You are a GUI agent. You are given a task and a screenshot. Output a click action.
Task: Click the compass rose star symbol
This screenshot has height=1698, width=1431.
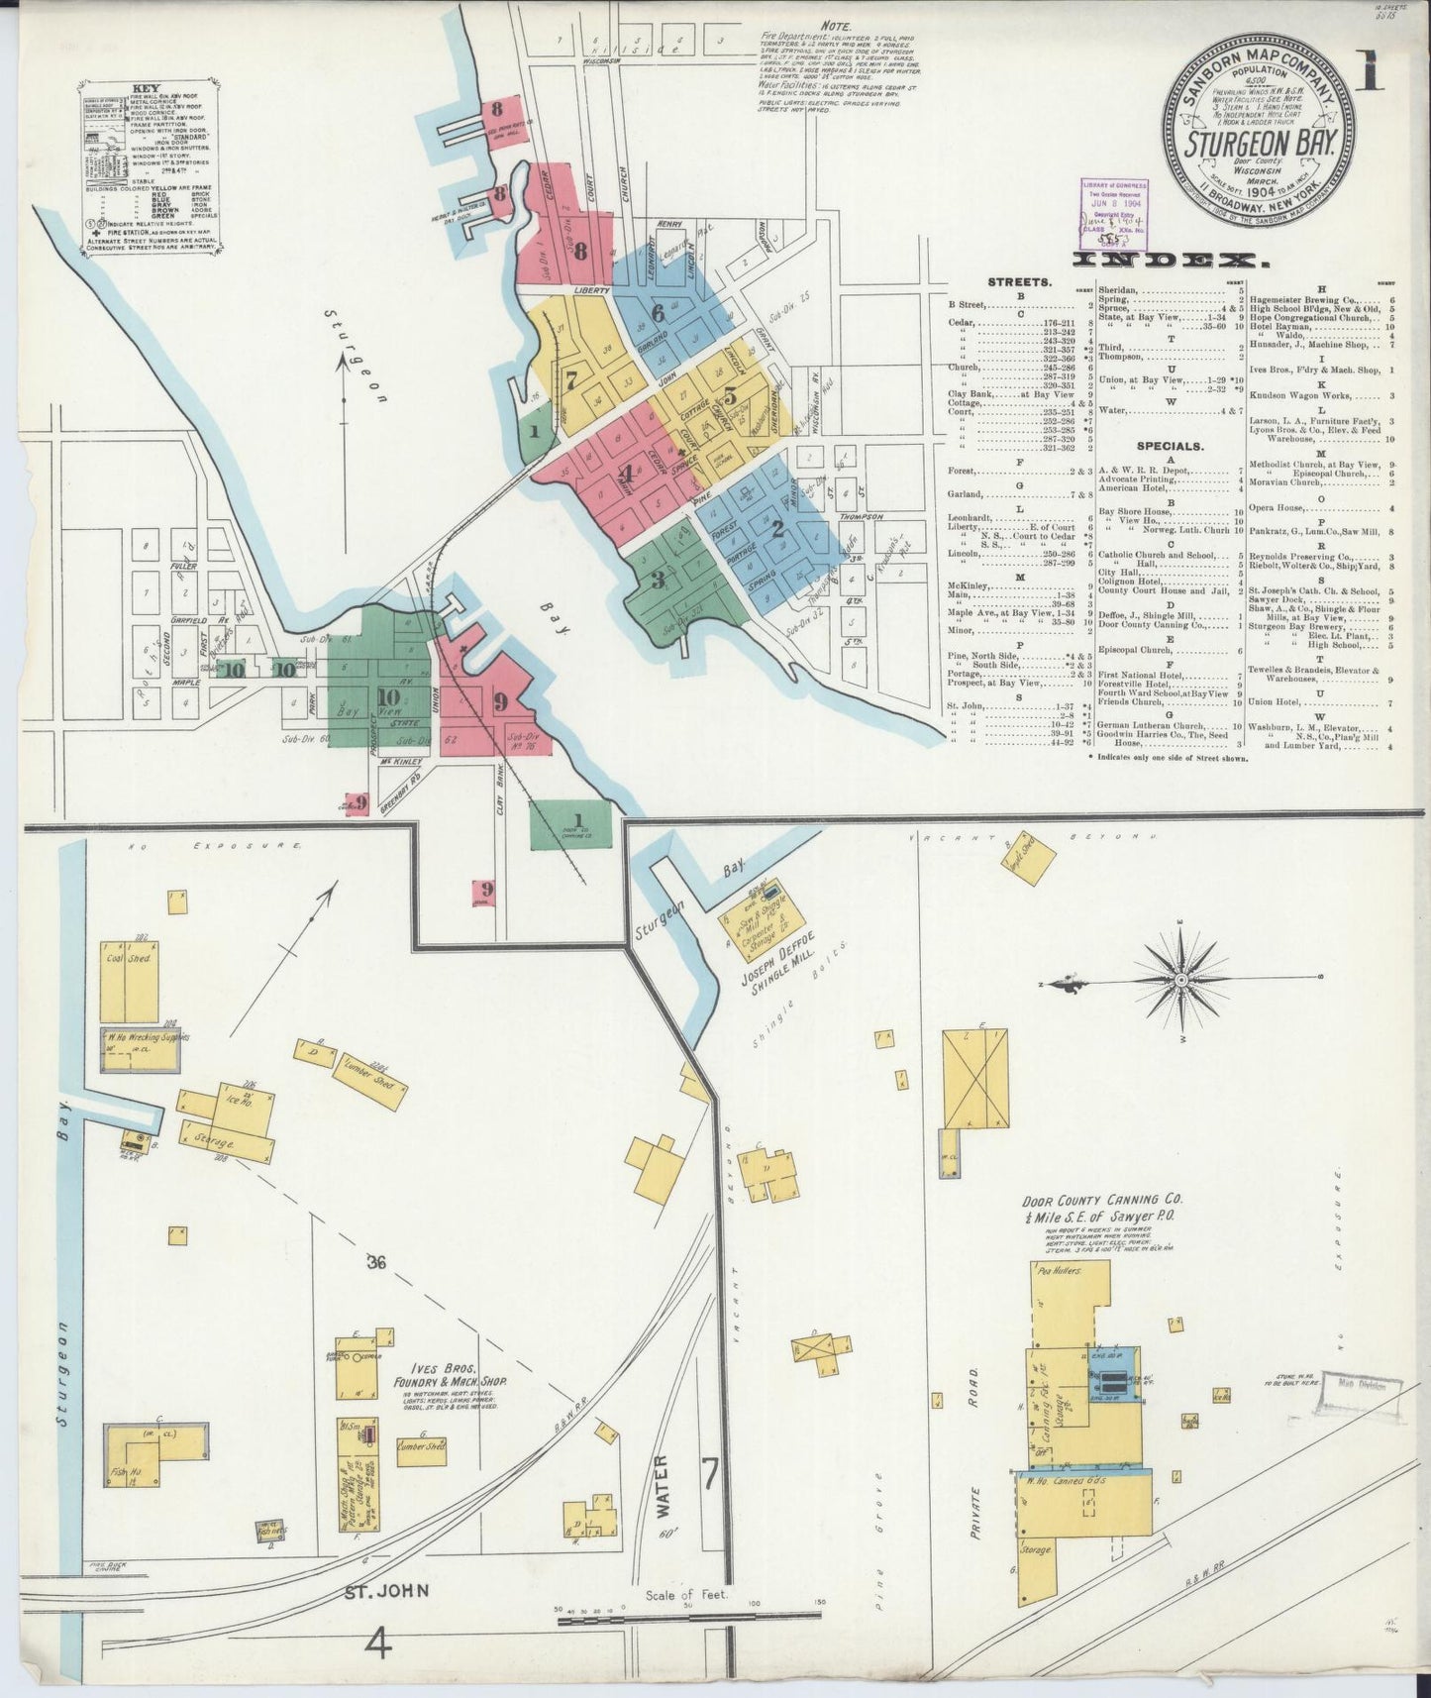[1180, 980]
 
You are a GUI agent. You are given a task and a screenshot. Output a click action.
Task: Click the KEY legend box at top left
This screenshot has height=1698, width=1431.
[148, 169]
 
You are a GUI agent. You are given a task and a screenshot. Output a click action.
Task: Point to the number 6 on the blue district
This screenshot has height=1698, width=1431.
[657, 312]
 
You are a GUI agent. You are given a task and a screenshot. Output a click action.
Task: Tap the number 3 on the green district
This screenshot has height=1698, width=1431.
[658, 580]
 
